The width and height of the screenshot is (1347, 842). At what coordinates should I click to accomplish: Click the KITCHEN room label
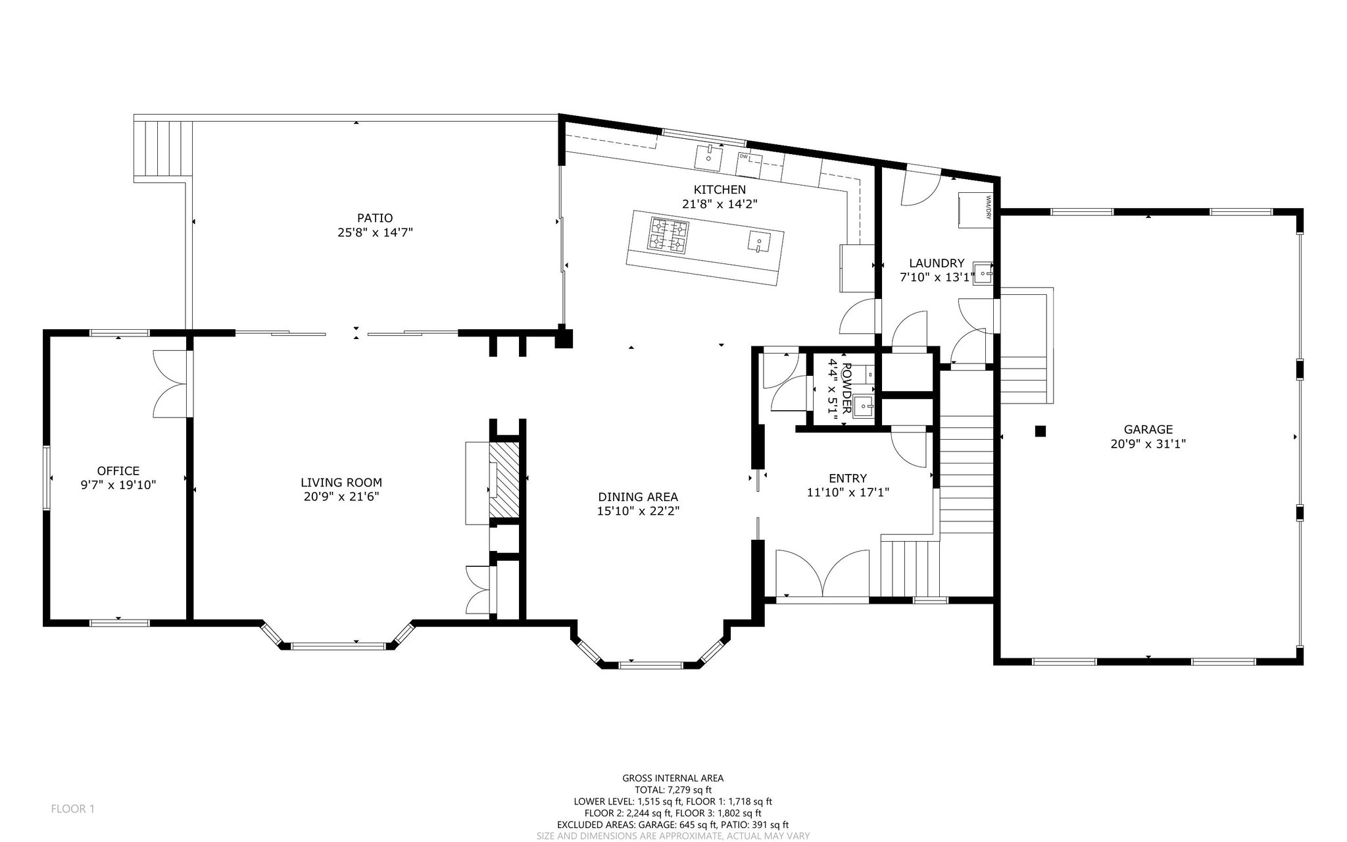(x=720, y=190)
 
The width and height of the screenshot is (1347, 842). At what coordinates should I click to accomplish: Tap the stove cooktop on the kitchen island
(x=669, y=235)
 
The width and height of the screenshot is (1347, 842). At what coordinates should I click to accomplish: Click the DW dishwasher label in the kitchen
(x=744, y=156)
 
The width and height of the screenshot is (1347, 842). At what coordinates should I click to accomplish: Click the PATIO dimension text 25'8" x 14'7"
(x=375, y=232)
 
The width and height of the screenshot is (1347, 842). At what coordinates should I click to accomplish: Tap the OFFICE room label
(x=118, y=471)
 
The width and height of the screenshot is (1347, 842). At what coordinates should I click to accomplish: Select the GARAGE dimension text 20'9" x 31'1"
(x=1148, y=444)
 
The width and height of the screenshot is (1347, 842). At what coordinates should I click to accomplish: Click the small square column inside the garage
(x=1040, y=431)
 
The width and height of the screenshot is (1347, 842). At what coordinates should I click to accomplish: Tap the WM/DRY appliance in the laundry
(x=973, y=209)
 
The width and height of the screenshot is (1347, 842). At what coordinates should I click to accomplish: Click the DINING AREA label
(x=638, y=497)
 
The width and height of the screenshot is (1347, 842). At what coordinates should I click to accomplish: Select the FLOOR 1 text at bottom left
(x=73, y=808)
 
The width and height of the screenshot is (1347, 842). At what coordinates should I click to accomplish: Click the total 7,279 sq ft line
(x=673, y=790)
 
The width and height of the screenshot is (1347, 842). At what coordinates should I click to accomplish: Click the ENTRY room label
(x=848, y=478)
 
